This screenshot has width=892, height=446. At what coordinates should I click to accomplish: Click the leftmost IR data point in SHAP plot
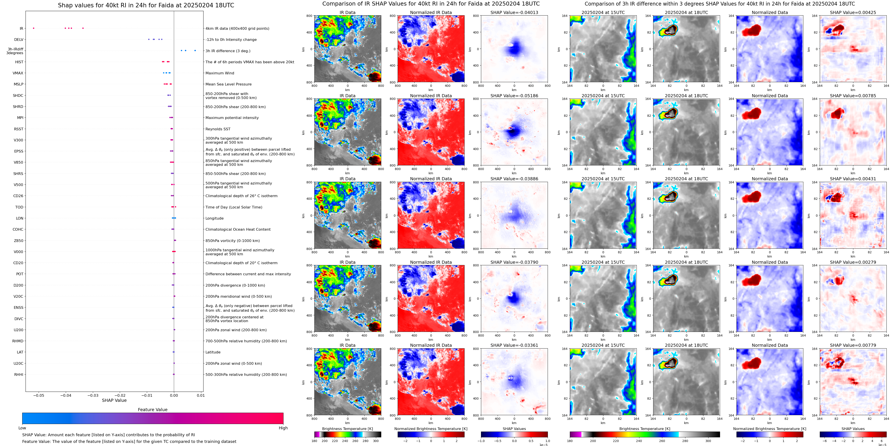pos(34,28)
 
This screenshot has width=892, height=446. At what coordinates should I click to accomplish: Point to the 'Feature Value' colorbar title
pos(152,409)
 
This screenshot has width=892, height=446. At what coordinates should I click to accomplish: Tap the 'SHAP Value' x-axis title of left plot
pos(114,400)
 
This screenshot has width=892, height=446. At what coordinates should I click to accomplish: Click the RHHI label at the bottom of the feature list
pos(19,374)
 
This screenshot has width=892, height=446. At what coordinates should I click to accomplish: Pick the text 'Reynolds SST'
pos(218,129)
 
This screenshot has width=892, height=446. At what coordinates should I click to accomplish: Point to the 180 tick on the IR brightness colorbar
pos(314,441)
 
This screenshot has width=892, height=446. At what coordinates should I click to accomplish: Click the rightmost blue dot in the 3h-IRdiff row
pos(195,51)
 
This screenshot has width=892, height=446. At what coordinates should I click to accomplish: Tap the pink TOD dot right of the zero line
pos(176,207)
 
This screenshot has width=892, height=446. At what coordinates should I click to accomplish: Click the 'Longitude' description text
pos(214,218)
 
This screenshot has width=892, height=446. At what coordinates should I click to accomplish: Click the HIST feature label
pos(19,62)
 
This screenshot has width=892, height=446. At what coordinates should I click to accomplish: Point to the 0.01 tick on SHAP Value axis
pos(201,395)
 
